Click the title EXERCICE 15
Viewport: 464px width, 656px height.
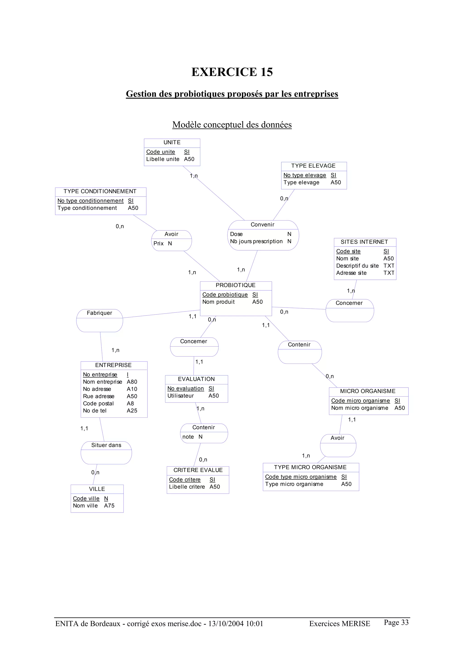click(232, 72)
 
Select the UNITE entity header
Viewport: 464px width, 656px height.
click(172, 142)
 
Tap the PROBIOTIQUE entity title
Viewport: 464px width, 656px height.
click(236, 285)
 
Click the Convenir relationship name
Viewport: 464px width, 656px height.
click(262, 225)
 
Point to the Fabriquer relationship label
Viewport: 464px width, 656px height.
click(99, 313)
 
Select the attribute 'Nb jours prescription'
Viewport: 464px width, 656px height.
click(256, 242)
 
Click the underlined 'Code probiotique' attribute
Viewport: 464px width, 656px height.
click(225, 294)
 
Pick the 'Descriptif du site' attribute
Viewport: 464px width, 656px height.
click(357, 266)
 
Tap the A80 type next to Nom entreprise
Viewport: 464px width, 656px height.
click(132, 382)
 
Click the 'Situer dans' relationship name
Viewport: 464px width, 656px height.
click(106, 445)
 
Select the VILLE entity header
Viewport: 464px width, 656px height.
click(97, 489)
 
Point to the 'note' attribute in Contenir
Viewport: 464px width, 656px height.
click(188, 437)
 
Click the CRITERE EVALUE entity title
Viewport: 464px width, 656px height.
click(198, 470)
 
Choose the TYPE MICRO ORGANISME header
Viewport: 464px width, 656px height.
click(310, 467)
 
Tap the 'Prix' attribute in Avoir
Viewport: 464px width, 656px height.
click(159, 243)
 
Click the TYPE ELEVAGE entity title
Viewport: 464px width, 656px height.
click(313, 166)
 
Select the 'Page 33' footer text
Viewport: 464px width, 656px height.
click(396, 622)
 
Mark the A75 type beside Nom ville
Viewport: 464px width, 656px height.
click(109, 505)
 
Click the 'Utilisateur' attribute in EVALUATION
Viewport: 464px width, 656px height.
click(180, 396)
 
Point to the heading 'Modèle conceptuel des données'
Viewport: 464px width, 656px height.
click(232, 124)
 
